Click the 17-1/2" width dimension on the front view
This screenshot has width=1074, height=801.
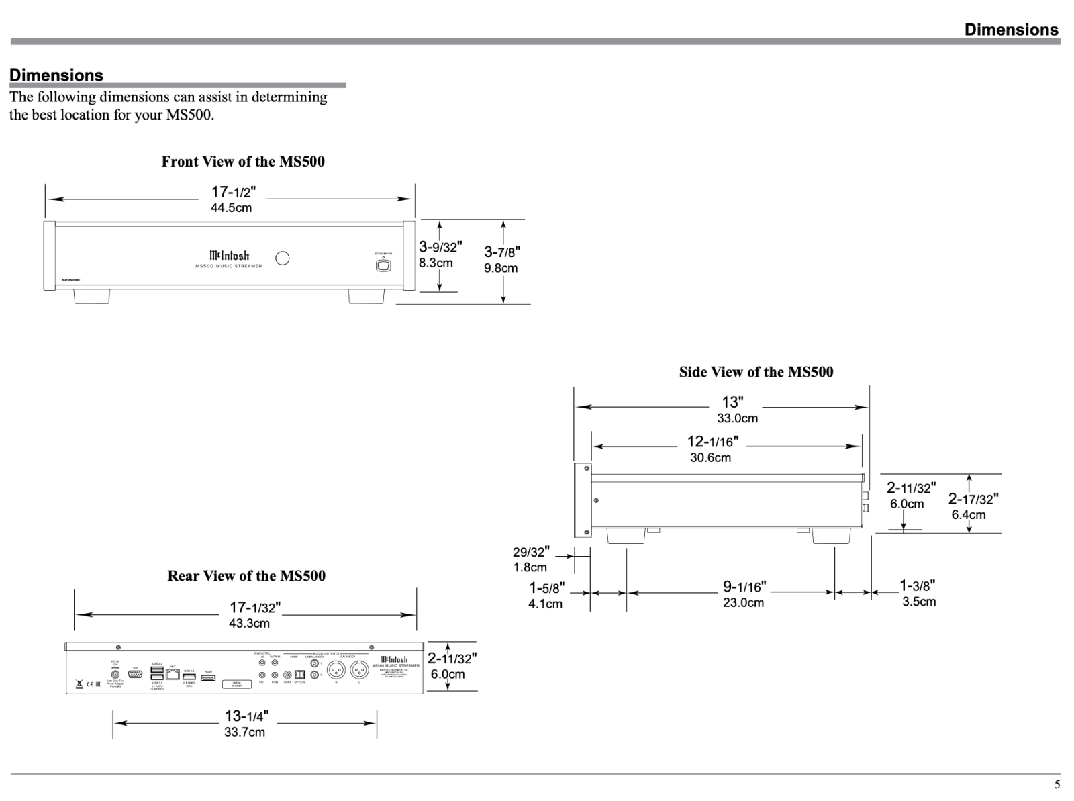(x=234, y=193)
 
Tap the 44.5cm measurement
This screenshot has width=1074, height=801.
(x=232, y=208)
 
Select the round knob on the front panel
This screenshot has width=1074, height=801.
(x=283, y=258)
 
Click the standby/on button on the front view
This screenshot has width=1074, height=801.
(x=383, y=265)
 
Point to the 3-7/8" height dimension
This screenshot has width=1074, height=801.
(x=502, y=252)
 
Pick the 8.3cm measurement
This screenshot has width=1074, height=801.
(x=436, y=263)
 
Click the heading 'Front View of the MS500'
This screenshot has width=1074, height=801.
(x=243, y=162)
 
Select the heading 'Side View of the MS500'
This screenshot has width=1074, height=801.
(x=756, y=372)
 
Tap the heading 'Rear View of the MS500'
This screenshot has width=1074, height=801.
(x=246, y=576)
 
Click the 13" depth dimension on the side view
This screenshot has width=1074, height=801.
(x=732, y=402)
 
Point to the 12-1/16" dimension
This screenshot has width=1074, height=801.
(x=712, y=442)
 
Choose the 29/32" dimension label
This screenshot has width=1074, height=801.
(x=531, y=552)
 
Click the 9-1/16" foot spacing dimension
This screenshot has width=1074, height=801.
(x=744, y=587)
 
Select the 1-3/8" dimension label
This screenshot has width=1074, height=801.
(x=918, y=586)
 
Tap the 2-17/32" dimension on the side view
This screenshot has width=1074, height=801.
(x=973, y=499)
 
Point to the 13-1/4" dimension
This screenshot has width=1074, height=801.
(x=247, y=716)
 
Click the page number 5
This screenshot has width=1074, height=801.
(x=1057, y=785)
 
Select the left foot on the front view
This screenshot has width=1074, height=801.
(x=91, y=297)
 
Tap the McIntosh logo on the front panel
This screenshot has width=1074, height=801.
(x=229, y=256)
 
